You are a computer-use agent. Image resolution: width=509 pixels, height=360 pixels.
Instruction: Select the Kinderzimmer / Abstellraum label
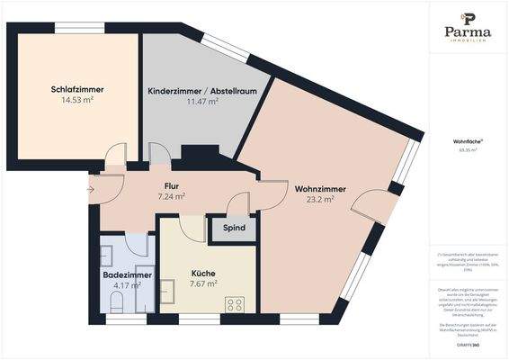coord(190,91)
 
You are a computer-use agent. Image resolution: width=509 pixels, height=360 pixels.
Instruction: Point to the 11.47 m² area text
coord(190,103)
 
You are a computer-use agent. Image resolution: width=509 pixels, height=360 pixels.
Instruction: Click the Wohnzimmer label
coord(315,188)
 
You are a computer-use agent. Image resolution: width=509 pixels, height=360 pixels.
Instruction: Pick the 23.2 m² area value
coord(315,200)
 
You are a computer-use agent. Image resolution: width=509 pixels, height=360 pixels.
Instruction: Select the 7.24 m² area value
coord(171,196)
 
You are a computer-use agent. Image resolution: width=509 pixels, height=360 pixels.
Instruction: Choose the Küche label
coord(203,273)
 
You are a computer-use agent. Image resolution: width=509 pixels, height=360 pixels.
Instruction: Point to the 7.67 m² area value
coord(203,284)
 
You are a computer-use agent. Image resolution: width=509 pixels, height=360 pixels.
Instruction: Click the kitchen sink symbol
coord(167,291)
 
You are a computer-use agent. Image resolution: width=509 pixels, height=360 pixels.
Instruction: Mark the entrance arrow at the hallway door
coord(90,190)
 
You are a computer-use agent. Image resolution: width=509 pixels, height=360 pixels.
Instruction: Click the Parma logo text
coord(468,31)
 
